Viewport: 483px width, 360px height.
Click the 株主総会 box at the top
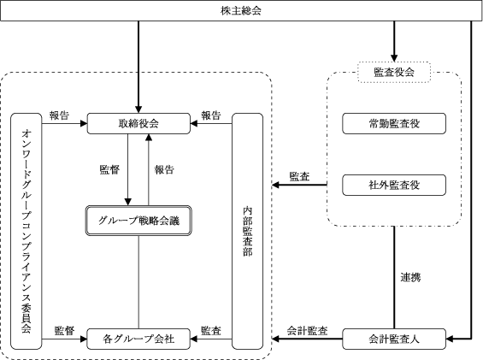tap(241, 11)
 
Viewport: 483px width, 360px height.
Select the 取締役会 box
tap(138, 124)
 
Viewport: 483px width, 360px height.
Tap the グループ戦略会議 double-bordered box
tap(138, 221)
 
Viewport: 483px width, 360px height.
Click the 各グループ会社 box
tap(138, 339)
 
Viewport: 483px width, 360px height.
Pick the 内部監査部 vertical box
tap(247, 231)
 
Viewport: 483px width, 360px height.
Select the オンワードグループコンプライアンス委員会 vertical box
tap(27, 231)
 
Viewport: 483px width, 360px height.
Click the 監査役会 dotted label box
tap(394, 73)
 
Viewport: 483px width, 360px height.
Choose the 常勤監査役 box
tap(394, 124)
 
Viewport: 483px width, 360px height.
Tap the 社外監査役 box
tap(394, 185)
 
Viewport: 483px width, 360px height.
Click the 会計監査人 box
tap(394, 339)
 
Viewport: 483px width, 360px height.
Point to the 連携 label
tap(410, 277)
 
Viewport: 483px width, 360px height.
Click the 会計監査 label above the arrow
tap(307, 331)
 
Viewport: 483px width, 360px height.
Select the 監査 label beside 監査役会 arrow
tap(299, 177)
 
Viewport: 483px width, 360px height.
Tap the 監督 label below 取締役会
tap(109, 169)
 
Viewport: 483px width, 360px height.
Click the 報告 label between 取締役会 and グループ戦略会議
tap(164, 169)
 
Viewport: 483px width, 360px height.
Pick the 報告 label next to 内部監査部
tap(211, 115)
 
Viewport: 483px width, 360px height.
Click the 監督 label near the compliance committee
tap(64, 331)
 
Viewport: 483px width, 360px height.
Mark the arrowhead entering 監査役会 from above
tap(394, 58)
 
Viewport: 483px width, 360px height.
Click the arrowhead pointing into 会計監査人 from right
tap(450, 339)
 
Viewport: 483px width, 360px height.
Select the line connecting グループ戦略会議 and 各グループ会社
tap(138, 282)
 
